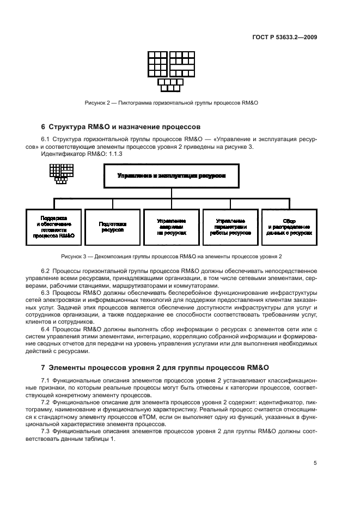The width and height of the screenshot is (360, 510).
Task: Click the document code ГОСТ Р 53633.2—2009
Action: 291,38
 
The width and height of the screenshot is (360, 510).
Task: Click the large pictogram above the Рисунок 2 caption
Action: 172,71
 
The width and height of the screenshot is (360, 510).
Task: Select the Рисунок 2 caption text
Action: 171,102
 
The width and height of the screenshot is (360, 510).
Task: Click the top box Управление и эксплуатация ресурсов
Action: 171,177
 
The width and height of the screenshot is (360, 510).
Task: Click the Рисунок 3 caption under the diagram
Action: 171,256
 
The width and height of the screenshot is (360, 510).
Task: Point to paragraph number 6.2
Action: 46,271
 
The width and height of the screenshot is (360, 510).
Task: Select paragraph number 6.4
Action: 46,329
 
